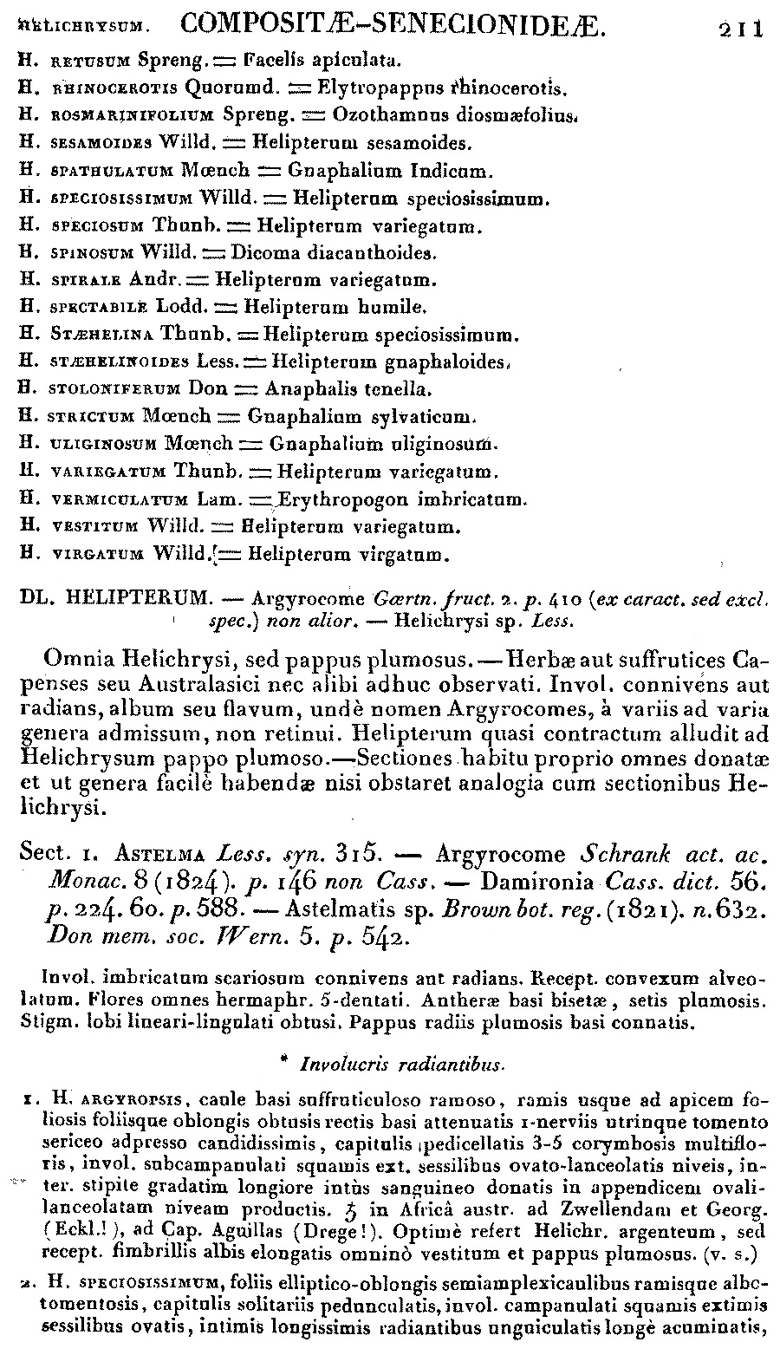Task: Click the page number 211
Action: pos(739,30)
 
